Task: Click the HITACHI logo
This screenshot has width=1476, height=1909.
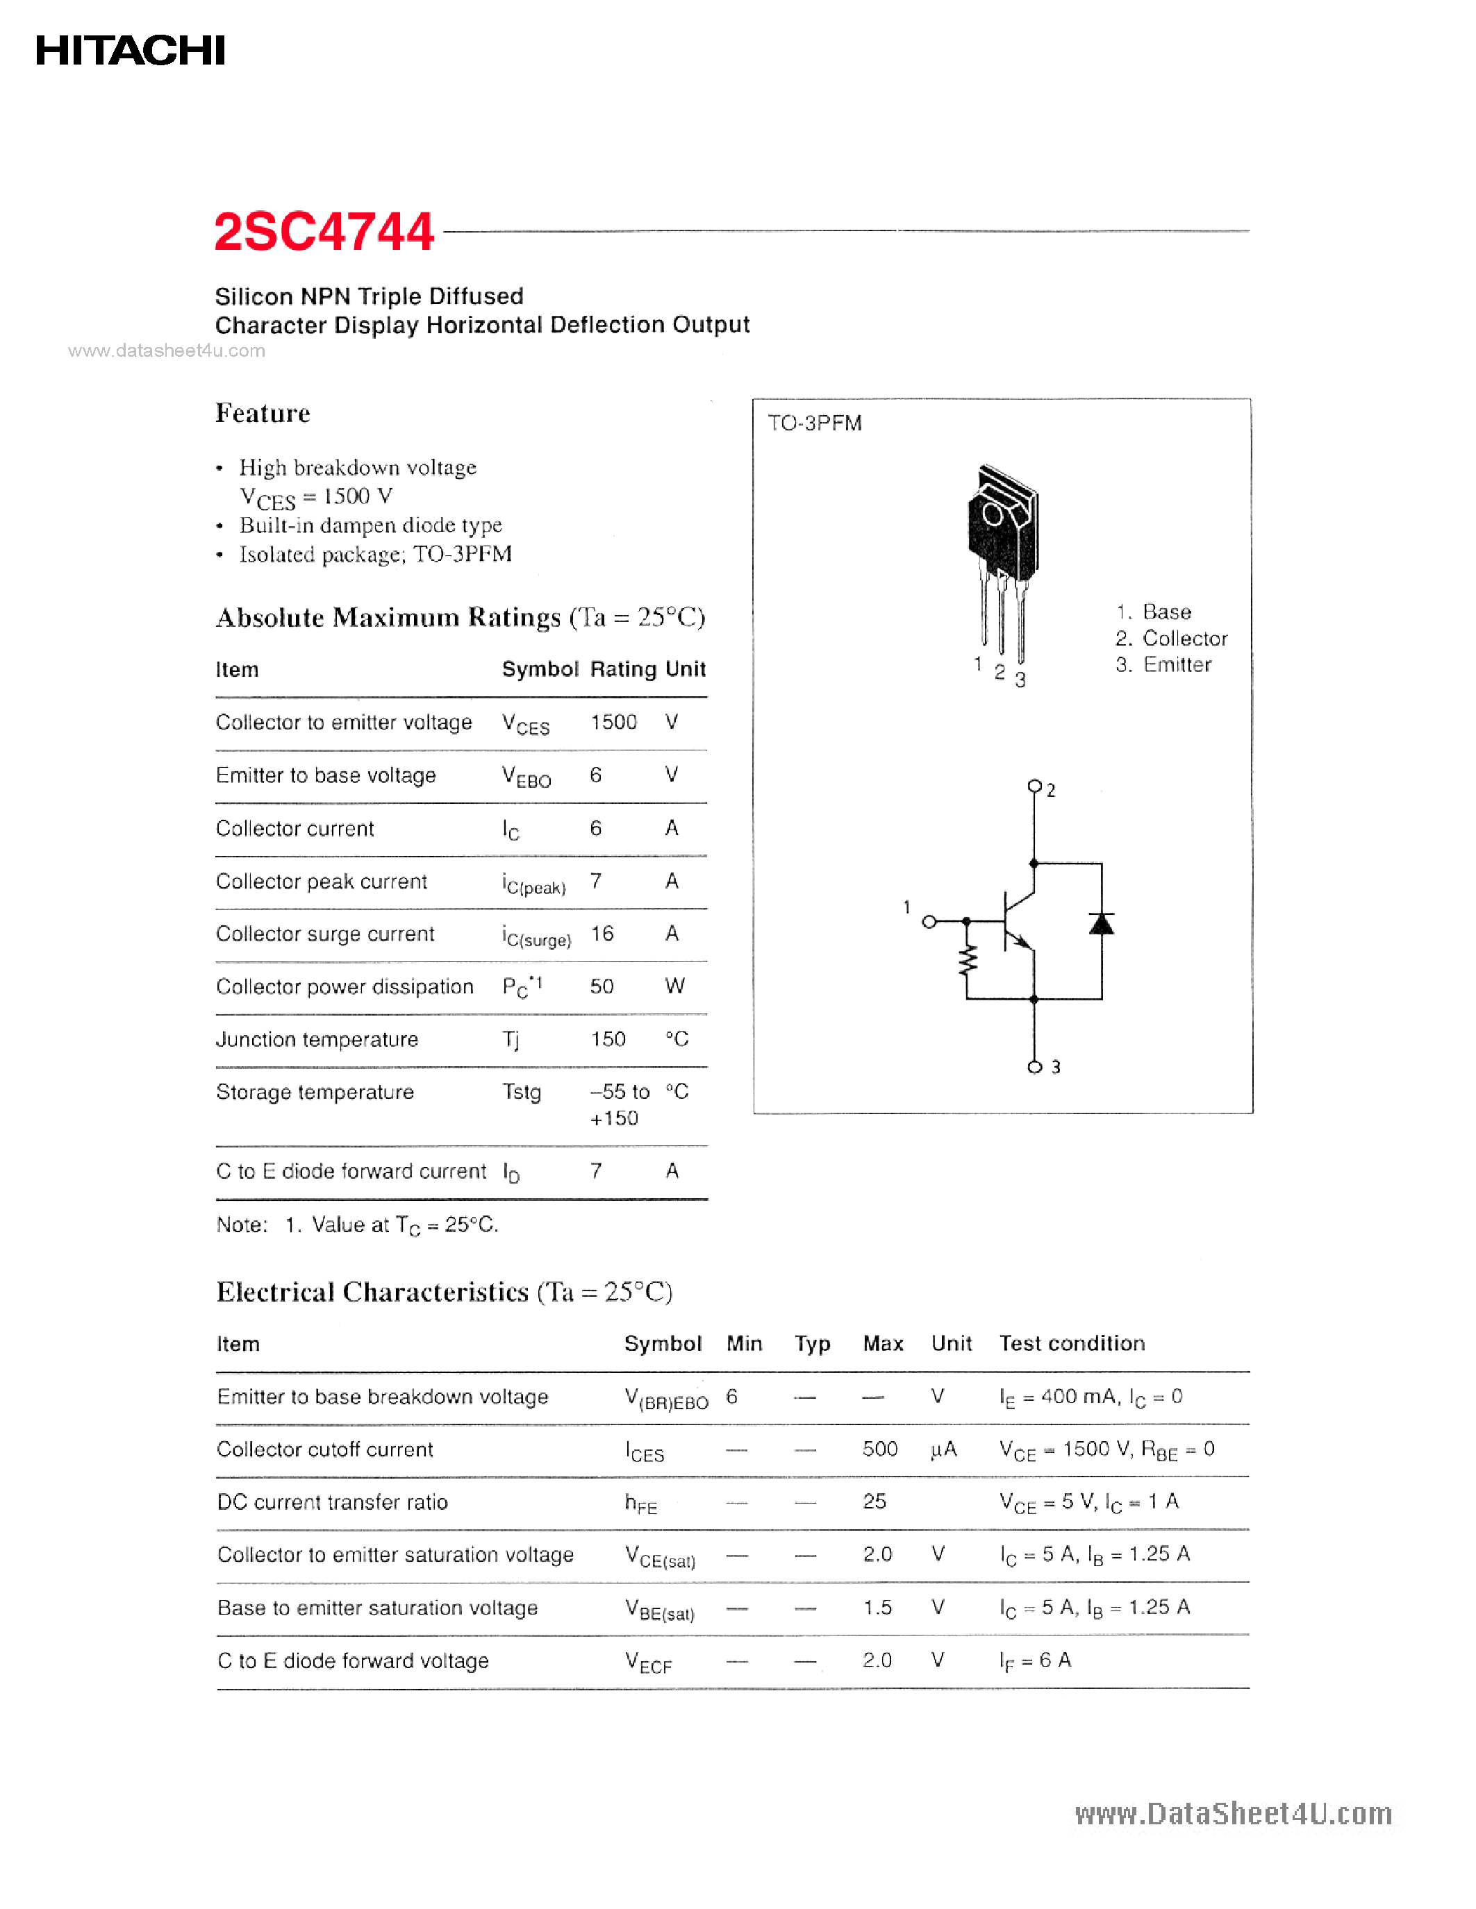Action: (x=131, y=51)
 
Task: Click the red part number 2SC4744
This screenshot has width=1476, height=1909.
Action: (x=324, y=233)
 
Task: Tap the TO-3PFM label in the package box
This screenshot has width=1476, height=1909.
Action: (x=814, y=423)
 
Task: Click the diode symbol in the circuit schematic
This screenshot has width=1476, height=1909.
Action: (x=1101, y=924)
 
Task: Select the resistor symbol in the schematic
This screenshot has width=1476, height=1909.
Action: (x=967, y=961)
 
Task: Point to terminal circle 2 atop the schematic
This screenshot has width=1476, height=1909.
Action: (x=1034, y=786)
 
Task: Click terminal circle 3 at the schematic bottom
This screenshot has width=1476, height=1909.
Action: (x=1034, y=1067)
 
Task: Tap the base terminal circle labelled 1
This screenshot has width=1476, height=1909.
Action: (x=929, y=921)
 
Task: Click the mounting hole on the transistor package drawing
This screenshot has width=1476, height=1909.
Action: (x=993, y=514)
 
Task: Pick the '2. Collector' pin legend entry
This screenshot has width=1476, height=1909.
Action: (x=1171, y=638)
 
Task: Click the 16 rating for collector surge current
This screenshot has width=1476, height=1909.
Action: (x=602, y=934)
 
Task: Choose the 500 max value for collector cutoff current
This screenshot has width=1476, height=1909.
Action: (x=879, y=1449)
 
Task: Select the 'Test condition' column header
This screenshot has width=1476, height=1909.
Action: (x=1071, y=1343)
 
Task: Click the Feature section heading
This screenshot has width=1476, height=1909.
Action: (x=263, y=414)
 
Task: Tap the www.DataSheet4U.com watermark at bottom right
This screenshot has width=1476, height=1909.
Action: (x=1232, y=1814)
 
